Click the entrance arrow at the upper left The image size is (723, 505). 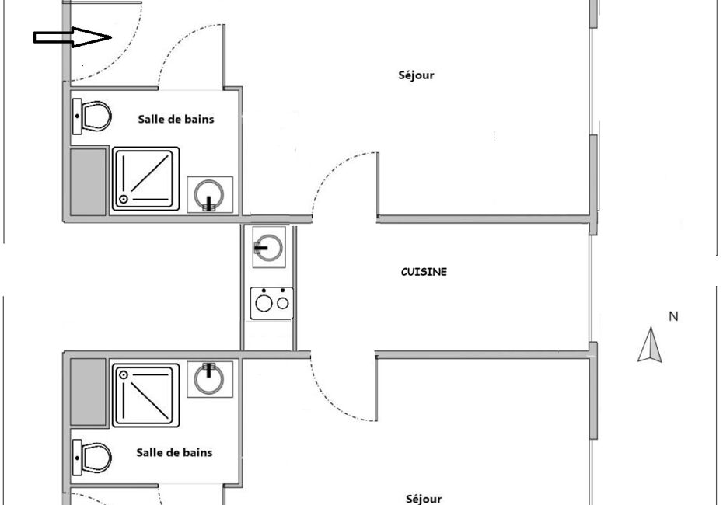[72, 37]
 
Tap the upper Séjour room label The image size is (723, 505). [416, 75]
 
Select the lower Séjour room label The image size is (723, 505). [424, 499]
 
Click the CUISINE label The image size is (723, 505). [424, 272]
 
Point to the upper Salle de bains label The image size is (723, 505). [176, 119]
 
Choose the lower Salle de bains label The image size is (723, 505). [174, 452]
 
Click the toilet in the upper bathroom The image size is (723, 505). [92, 116]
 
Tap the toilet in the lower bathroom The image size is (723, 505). [92, 457]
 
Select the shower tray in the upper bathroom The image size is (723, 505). [145, 179]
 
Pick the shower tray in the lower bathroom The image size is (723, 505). [145, 395]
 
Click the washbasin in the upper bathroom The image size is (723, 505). [210, 194]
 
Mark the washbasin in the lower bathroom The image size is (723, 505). [210, 379]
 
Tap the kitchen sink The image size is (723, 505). [269, 247]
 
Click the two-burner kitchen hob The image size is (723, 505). [271, 303]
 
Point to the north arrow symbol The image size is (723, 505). [650, 345]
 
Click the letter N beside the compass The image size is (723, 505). [673, 316]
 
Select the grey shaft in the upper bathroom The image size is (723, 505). [88, 182]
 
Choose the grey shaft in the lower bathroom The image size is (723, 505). [88, 392]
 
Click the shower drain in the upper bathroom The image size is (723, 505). [123, 199]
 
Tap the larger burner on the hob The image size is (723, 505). [264, 303]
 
